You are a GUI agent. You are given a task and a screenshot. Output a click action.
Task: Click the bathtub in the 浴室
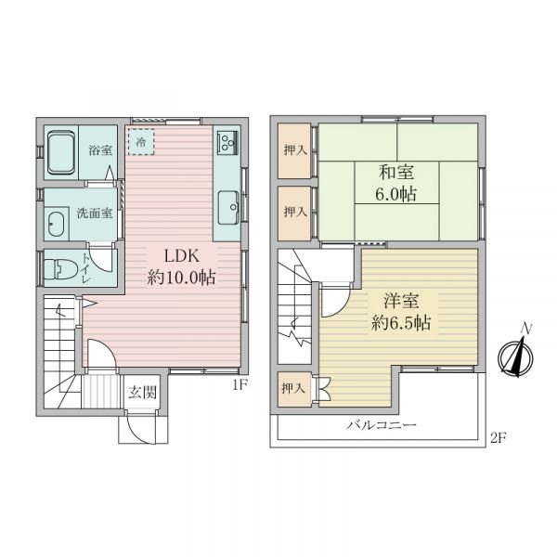click(x=61, y=153)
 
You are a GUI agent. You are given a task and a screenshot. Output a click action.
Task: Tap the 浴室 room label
click(x=100, y=150)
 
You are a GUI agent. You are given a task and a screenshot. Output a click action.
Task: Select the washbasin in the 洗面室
click(x=55, y=225)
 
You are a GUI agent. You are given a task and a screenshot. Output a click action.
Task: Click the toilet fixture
click(x=60, y=268)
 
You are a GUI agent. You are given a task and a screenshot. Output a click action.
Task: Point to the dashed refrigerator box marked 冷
click(x=141, y=142)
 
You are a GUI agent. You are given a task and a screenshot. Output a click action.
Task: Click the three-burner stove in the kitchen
click(x=227, y=141)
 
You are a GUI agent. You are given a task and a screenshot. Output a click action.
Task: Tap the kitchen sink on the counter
click(x=228, y=207)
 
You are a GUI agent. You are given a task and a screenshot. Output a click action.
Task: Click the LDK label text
click(x=182, y=256)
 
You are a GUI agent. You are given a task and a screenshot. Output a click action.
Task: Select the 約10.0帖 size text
click(x=182, y=278)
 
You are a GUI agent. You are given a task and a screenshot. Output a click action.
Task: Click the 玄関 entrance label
click(x=142, y=393)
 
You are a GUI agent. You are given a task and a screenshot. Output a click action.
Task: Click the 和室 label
click(x=396, y=173)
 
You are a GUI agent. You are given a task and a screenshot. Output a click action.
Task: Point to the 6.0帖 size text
click(x=396, y=194)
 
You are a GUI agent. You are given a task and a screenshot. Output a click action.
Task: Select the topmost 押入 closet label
click(x=295, y=150)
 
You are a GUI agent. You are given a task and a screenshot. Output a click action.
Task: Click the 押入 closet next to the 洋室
click(x=294, y=389)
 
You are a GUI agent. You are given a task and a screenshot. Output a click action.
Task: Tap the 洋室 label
click(x=401, y=301)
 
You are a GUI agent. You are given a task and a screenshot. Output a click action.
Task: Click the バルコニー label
click(x=382, y=425)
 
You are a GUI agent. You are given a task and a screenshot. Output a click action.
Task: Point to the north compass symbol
click(x=516, y=356)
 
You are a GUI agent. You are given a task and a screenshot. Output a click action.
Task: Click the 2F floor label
click(x=498, y=438)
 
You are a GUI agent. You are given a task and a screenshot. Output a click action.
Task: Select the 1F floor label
click(x=240, y=384)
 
